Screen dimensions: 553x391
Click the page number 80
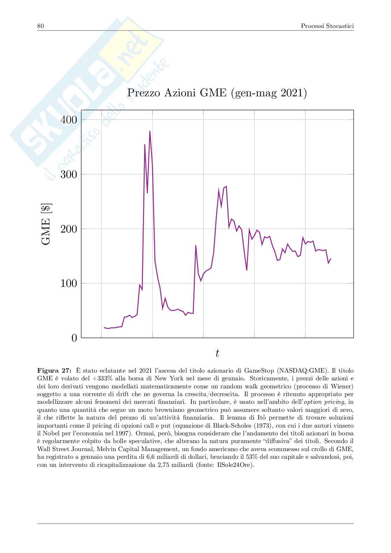point(40,26)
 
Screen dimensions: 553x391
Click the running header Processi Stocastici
point(327,26)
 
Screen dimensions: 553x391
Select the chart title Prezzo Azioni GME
point(217,93)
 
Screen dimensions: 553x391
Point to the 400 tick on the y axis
point(69,120)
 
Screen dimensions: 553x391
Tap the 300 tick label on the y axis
point(69,174)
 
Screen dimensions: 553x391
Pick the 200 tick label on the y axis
point(69,229)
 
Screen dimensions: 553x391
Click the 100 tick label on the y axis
point(69,283)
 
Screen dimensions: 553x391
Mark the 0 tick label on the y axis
point(74,338)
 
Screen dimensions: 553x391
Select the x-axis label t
point(217,353)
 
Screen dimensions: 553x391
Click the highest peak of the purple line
point(150,131)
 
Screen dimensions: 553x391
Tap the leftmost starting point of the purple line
point(104,327)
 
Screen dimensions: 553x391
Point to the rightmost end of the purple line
point(331,258)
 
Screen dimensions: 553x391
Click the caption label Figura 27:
point(55,370)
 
